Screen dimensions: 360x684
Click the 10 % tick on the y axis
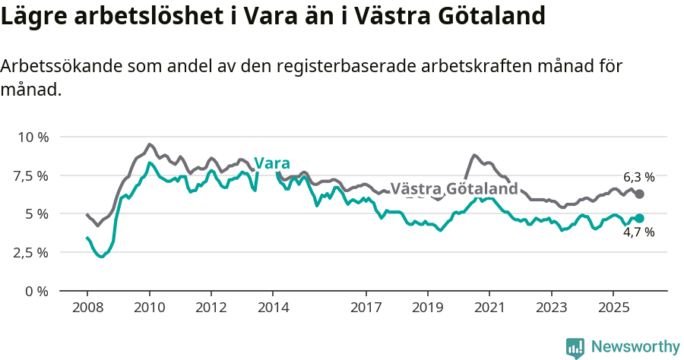click(x=32, y=137)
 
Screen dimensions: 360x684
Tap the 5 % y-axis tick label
click(x=37, y=214)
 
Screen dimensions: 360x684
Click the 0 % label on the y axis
click(x=37, y=291)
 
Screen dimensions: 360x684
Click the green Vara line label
click(x=271, y=163)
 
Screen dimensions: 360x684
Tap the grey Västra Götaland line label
click(x=454, y=188)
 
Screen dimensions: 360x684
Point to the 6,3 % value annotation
click(x=638, y=177)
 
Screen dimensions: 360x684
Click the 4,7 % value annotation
click(x=638, y=232)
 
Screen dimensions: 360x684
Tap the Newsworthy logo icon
click(x=575, y=348)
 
